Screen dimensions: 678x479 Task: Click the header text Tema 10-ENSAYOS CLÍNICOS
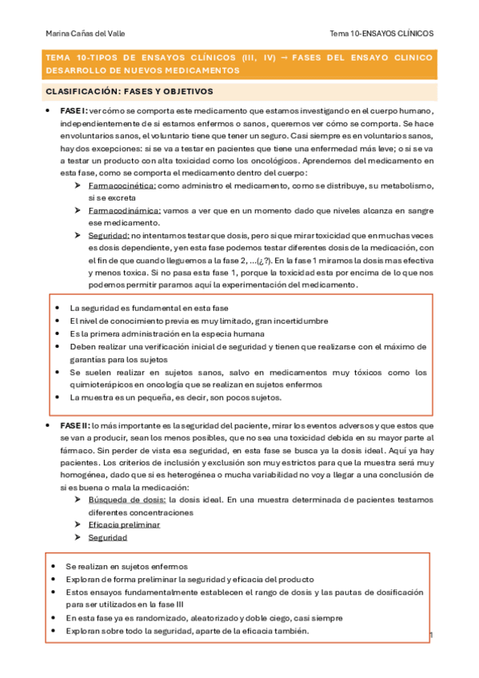(381, 34)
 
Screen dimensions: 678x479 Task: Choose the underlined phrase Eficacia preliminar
(124, 525)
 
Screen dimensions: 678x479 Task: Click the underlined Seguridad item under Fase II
(108, 538)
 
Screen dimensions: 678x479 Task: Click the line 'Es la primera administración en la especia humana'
(167, 333)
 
